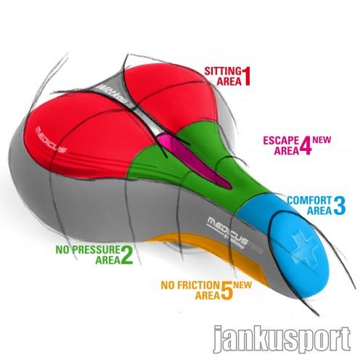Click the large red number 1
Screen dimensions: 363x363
coord(246,76)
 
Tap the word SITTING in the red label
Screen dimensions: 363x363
coord(223,71)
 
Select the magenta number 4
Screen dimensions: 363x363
coord(306,146)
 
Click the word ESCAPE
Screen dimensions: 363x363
coord(281,140)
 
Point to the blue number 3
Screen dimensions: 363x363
coord(340,205)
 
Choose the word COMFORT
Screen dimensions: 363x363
coord(309,200)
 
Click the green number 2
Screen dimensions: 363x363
coord(126,255)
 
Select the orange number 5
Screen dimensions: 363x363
coord(227,290)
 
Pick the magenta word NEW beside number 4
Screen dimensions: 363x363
coord(322,140)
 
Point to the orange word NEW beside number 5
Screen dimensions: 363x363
coord(242,285)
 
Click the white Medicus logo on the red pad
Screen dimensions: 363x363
coord(51,140)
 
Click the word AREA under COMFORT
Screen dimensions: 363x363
coord(319,211)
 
